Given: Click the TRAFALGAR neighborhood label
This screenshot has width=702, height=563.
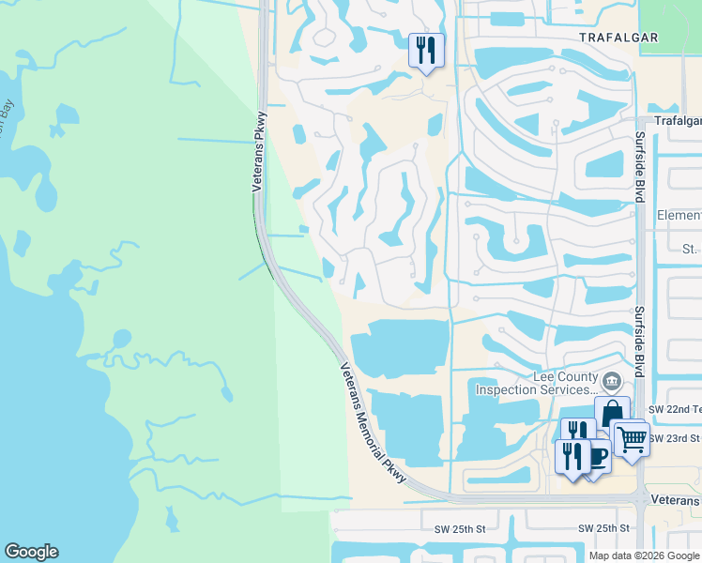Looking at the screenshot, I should click(619, 38).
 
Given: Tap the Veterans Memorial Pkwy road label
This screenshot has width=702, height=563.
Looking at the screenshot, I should click(373, 424).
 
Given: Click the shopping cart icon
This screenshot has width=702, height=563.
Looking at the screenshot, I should click(631, 437).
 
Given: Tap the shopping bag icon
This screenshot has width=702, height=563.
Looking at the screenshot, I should click(612, 413).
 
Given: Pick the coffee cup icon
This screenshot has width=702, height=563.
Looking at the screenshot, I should click(595, 457).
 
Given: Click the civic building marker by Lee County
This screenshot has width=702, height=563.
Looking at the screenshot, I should click(612, 382).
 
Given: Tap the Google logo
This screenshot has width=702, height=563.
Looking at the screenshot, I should click(31, 552).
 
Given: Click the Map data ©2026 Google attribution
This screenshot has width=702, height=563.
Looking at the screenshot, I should click(644, 555).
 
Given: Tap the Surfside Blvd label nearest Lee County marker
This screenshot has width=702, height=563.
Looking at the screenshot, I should click(639, 342).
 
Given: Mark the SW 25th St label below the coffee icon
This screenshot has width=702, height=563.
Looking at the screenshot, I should click(603, 529).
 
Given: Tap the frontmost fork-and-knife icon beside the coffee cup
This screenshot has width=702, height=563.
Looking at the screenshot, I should click(572, 457).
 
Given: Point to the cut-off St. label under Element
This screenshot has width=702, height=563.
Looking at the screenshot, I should click(689, 249).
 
